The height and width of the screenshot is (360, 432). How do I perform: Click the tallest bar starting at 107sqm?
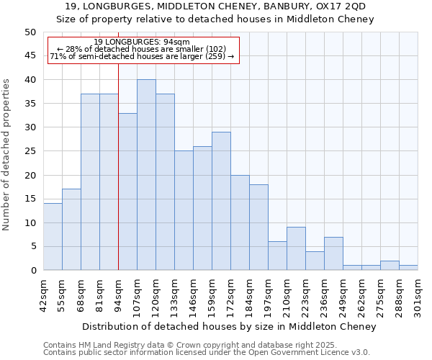click(146, 175)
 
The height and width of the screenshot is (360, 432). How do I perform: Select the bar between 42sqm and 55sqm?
click(53, 237)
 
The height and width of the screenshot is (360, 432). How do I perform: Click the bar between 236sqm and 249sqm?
click(333, 253)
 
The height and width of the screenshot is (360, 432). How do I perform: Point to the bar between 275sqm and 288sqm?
click(390, 266)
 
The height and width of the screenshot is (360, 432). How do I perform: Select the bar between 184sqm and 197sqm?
click(258, 228)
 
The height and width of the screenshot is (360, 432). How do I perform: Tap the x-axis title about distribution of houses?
click(229, 327)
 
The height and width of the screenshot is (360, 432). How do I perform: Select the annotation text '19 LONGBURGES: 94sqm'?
click(142, 42)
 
